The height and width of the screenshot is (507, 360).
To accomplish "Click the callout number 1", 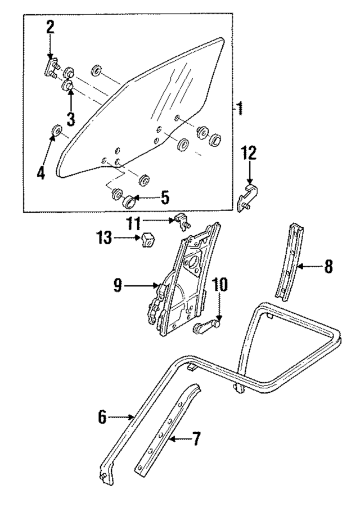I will click(239, 107).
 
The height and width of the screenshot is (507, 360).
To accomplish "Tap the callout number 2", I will click(50, 27).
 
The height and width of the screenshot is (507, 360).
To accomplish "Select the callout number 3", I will click(71, 118).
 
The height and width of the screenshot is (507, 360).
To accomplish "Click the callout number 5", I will click(164, 198).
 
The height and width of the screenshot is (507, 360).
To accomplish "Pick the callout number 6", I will click(102, 417).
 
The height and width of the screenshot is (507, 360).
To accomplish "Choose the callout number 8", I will click(328, 267).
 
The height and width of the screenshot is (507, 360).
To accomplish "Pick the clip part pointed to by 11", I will click(182, 221).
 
